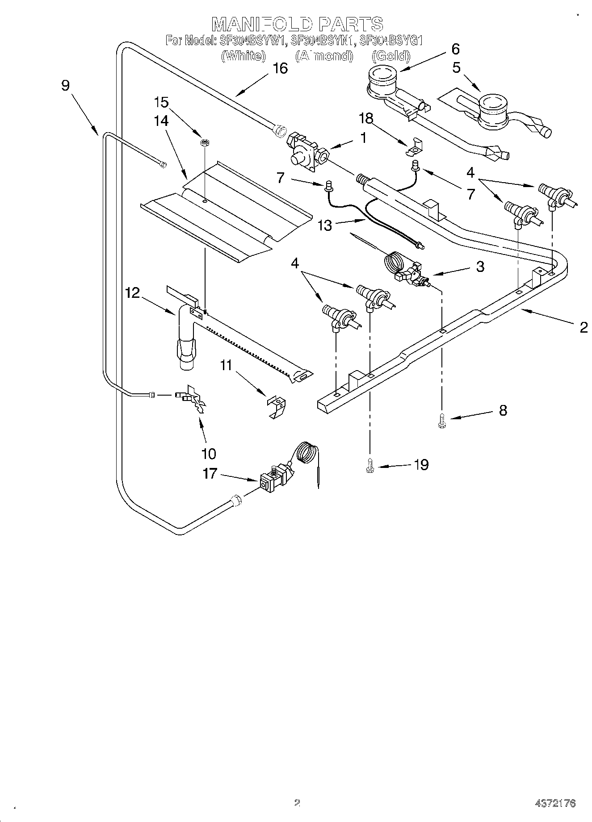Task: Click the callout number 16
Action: pos(280,68)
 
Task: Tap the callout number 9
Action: pos(66,85)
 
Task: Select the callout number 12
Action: pos(132,293)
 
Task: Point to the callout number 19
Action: pos(421,465)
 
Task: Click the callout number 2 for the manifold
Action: pos(584,328)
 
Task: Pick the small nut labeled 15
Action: pos(206,143)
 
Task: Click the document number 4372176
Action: pos(556,803)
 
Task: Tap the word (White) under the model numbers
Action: pos(243,56)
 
